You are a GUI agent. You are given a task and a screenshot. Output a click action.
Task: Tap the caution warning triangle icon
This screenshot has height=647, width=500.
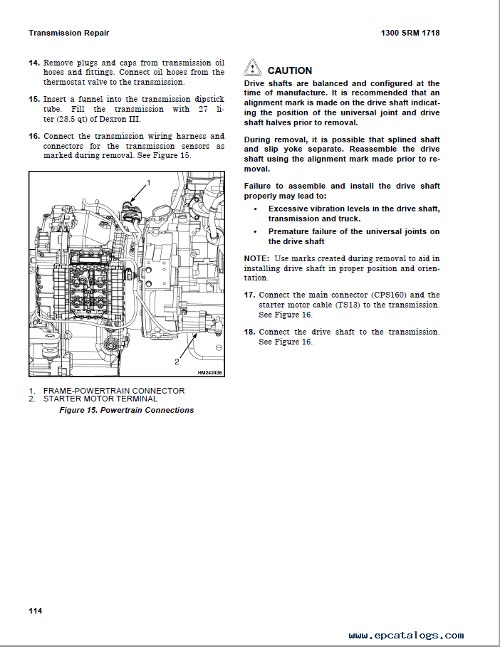coord(253,69)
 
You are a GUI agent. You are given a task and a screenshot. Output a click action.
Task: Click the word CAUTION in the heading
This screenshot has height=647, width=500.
coord(289,70)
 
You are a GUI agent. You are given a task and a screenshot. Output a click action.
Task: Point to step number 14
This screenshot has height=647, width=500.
coord(33,63)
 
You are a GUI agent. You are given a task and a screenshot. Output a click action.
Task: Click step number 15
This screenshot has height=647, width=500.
coord(33,100)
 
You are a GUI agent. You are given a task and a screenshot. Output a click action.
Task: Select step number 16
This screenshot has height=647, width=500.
coord(33,136)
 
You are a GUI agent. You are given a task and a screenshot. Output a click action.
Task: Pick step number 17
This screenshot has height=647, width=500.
coord(249,295)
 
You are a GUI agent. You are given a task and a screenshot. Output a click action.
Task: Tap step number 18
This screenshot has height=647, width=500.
coord(249,332)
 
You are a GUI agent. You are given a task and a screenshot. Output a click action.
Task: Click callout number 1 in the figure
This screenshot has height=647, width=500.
coord(148,184)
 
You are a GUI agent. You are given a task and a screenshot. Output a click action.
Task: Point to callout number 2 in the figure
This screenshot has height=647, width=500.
coord(177,362)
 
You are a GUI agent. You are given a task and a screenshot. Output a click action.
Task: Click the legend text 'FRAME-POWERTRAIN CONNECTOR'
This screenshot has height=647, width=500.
coord(114,391)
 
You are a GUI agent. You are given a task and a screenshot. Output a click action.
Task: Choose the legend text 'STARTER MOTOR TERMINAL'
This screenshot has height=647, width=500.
coord(100,399)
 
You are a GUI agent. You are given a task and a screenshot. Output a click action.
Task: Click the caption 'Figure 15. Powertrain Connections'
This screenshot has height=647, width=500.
coord(126,410)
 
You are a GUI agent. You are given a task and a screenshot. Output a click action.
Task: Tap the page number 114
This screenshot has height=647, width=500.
coord(36,611)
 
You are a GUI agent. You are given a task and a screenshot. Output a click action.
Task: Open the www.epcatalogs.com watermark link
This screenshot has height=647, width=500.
coord(406,636)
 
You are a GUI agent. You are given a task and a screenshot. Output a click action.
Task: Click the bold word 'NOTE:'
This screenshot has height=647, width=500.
coord(256,258)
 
